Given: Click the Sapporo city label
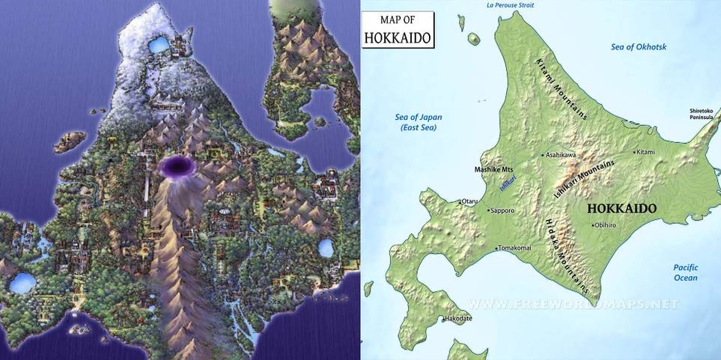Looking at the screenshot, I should coord(503,211).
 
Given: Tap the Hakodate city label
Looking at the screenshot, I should coord(457,319).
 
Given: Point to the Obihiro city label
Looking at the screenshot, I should coord(604,225).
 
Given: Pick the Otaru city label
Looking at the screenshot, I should coord(469,201).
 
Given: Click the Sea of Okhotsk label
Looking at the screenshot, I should coord(639,47).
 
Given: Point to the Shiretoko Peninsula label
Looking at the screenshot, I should coord(705,115).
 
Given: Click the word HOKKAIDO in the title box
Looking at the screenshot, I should coord(398,37).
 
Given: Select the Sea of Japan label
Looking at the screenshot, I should coord(419,122).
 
